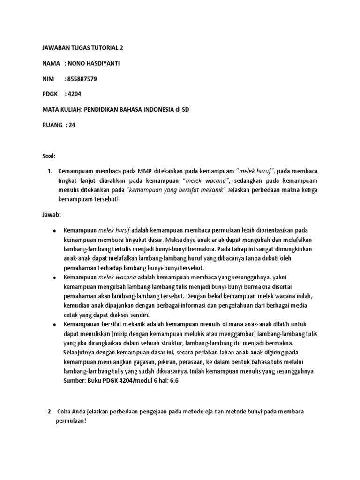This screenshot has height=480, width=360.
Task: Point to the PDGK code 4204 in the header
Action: (x=74, y=94)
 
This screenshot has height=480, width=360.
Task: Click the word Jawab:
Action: (x=51, y=214)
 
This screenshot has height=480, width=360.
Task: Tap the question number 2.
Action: (x=50, y=411)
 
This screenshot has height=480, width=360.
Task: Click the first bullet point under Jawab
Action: (x=55, y=230)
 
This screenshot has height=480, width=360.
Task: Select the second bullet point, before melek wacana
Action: (x=55, y=277)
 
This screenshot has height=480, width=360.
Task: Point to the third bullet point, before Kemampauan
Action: (x=55, y=324)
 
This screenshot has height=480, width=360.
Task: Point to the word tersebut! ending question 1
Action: (x=100, y=199)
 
